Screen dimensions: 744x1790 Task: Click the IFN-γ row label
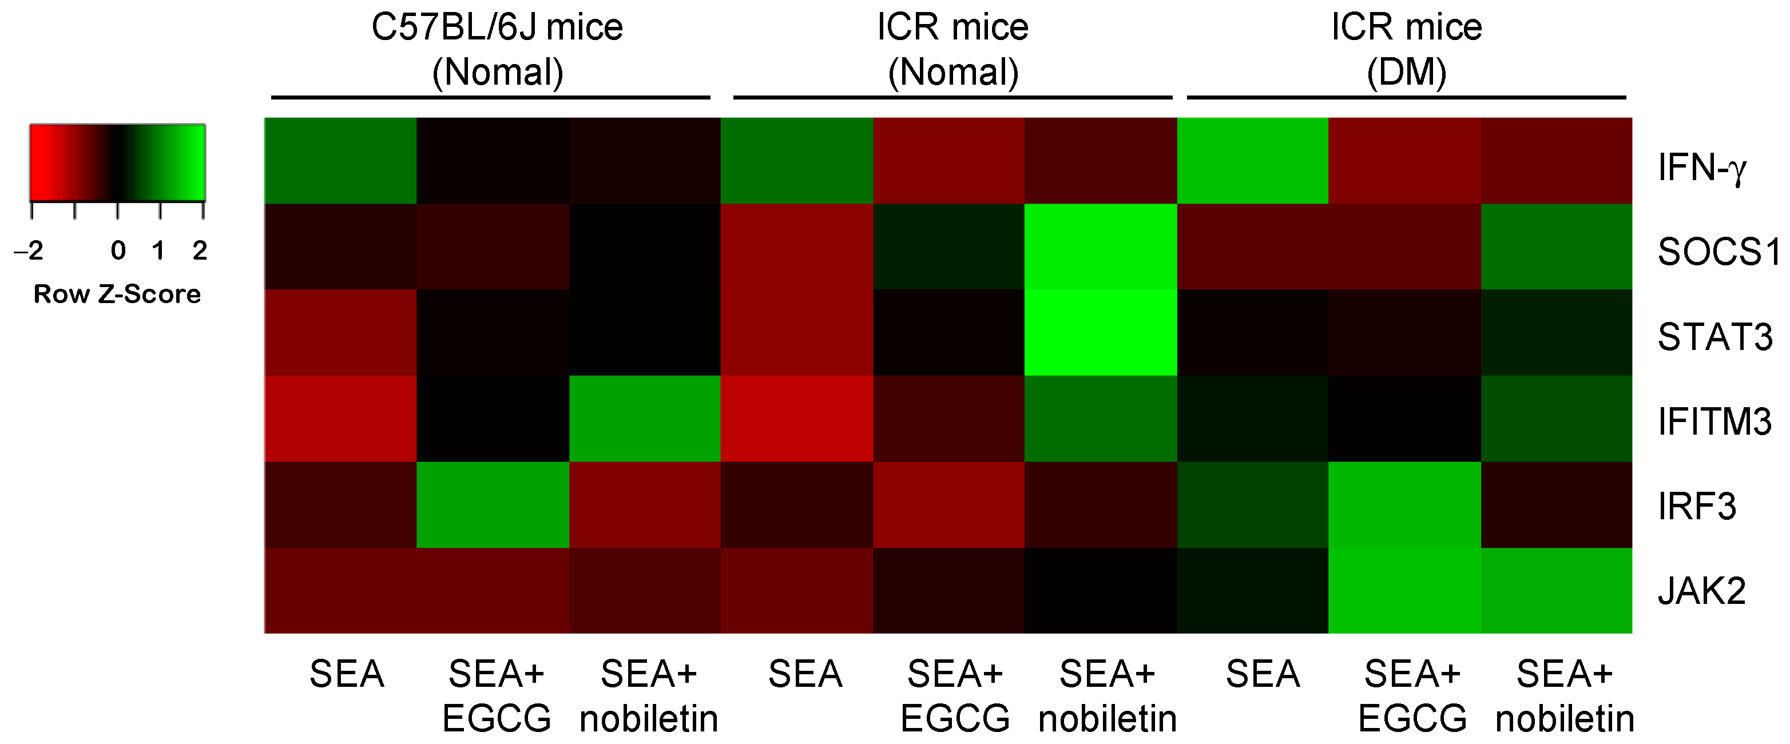(1700, 168)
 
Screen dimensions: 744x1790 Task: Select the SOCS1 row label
(1716, 252)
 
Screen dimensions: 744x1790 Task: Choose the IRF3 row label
(1696, 506)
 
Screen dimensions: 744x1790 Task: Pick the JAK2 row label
(1701, 591)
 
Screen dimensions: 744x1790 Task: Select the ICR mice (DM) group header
(1406, 49)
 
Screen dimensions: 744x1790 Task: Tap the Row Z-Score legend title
(117, 294)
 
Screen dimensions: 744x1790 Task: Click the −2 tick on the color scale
(29, 250)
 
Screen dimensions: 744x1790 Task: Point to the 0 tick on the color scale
(118, 250)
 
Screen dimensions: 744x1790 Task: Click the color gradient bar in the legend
(117, 162)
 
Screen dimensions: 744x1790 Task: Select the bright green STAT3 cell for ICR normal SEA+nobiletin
(1100, 332)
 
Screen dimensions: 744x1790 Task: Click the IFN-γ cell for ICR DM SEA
(1252, 161)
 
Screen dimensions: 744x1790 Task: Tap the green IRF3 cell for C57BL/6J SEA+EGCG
(493, 504)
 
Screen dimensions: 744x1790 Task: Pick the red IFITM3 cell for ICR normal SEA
(796, 418)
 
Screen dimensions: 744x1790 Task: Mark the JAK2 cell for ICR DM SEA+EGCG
(1404, 591)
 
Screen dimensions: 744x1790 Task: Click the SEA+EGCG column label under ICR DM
(1412, 695)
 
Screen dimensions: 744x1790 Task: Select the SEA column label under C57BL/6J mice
(346, 674)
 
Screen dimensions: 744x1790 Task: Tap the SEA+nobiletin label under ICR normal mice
(1107, 695)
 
